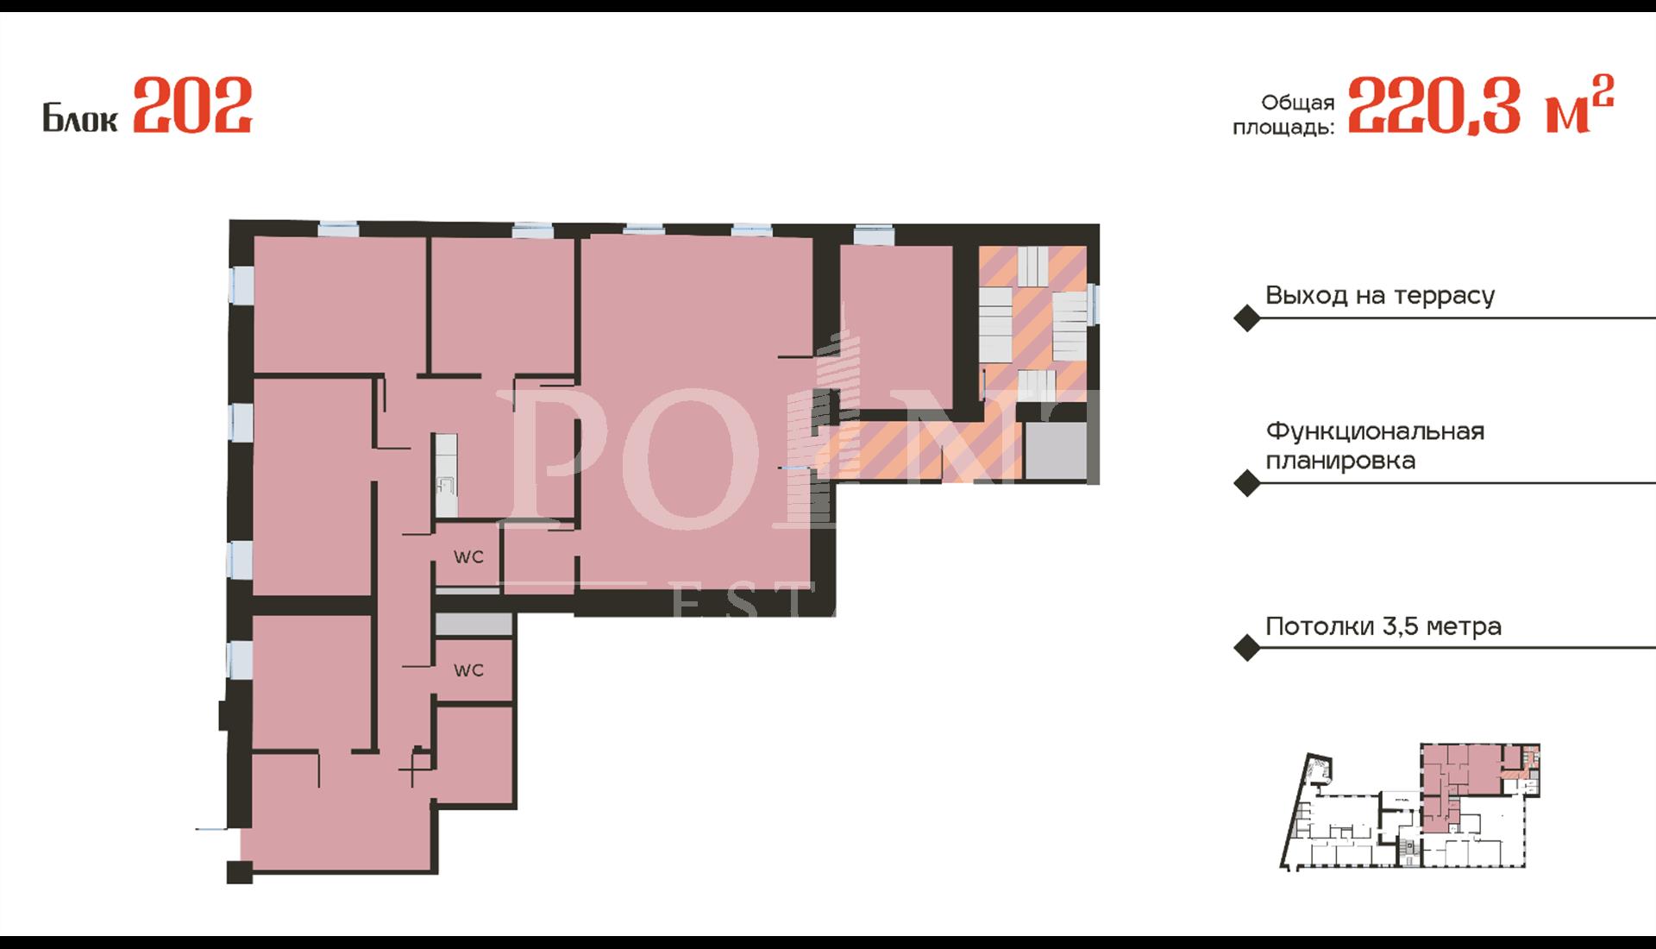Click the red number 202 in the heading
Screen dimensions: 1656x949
coord(192,105)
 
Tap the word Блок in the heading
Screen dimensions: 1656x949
coord(79,117)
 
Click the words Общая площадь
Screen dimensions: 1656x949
coord(1283,115)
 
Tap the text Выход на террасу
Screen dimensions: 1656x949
coord(1380,295)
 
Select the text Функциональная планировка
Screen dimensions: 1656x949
coord(1375,445)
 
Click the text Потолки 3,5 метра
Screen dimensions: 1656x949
coord(1383,625)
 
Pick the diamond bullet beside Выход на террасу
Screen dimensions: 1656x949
coord(1247,318)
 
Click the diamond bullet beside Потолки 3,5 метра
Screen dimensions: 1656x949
coord(1247,648)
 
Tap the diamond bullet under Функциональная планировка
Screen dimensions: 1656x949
coord(1247,483)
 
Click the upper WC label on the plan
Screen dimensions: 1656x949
coord(468,557)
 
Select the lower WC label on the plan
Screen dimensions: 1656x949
coord(468,670)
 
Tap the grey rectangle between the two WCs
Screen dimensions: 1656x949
coord(474,625)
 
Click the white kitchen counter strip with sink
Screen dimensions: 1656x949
coord(446,475)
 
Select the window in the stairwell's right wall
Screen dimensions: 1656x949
coord(1094,304)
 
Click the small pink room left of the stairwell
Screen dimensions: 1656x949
coord(896,327)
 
